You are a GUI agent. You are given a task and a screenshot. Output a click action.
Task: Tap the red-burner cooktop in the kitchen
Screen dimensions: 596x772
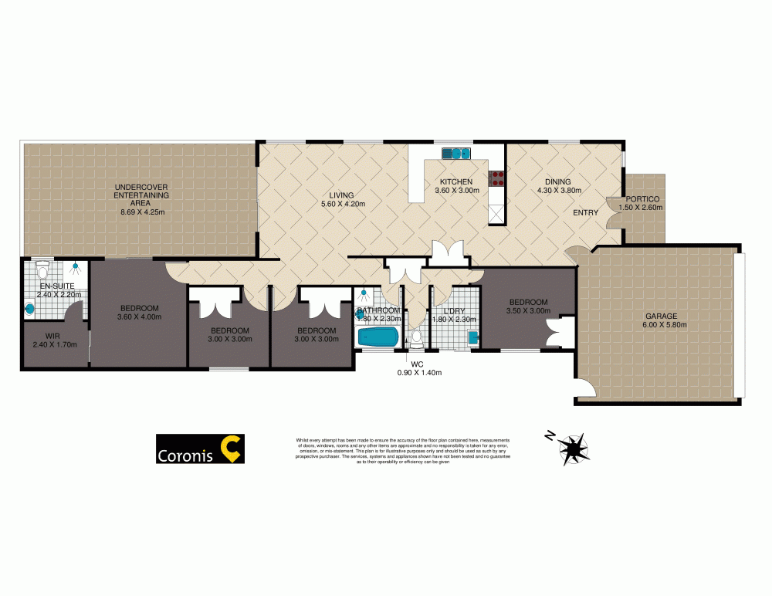(497, 179)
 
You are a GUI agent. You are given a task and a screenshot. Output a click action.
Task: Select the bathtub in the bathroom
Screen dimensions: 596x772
(378, 337)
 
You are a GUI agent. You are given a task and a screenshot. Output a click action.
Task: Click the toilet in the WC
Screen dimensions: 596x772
(415, 338)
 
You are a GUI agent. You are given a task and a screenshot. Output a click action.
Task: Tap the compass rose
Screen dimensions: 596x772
(572, 449)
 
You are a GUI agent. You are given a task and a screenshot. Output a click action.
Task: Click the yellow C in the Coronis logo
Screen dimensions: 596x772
(230, 449)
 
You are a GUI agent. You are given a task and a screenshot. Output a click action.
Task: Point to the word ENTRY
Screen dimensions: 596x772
(586, 212)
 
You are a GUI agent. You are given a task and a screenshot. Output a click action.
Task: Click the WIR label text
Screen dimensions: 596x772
(52, 335)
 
